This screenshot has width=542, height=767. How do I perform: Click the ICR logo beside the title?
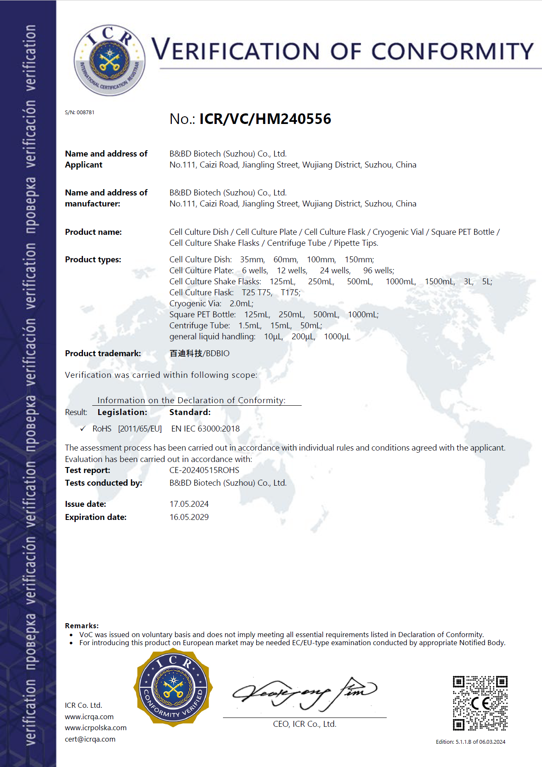click(x=110, y=60)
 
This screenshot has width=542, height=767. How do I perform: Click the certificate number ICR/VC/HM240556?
click(x=265, y=119)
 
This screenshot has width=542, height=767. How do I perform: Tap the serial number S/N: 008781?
click(x=80, y=113)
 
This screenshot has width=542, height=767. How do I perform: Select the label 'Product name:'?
click(x=93, y=232)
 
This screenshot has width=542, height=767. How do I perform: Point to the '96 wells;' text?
click(x=378, y=270)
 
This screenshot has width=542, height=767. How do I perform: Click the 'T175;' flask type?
click(x=290, y=292)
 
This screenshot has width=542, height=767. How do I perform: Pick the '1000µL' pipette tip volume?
click(x=337, y=337)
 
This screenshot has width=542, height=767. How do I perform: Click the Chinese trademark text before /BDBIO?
click(x=186, y=353)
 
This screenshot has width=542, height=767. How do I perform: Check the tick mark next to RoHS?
click(x=83, y=429)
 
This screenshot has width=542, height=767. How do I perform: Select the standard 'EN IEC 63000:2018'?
click(x=205, y=429)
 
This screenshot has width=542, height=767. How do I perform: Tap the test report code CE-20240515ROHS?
click(x=204, y=470)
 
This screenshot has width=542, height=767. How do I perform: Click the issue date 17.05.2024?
click(x=189, y=504)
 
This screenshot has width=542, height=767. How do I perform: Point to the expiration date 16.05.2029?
click(x=189, y=517)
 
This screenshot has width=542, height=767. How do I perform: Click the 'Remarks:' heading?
click(x=82, y=626)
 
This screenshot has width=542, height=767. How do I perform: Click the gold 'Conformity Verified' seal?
click(x=173, y=687)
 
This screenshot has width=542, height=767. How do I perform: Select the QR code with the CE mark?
click(x=480, y=703)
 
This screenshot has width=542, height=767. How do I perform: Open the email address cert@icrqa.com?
click(x=90, y=739)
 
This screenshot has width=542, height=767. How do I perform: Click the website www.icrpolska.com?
click(x=96, y=728)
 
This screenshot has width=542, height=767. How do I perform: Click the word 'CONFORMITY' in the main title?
click(x=452, y=51)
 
